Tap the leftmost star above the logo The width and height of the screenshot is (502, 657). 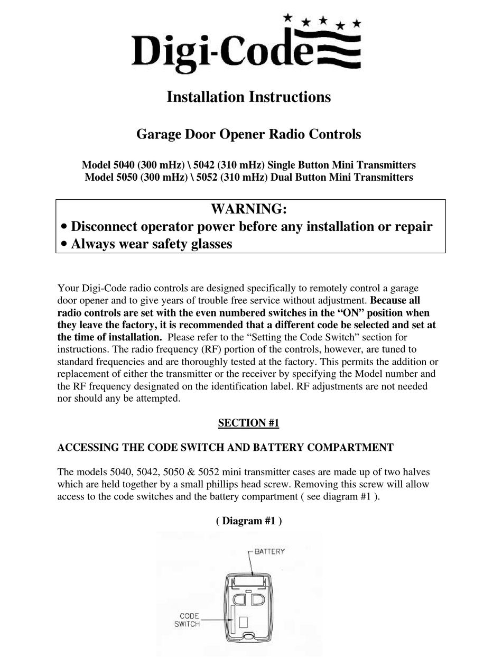tap(287, 17)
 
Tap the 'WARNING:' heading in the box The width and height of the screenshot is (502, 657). tap(249, 209)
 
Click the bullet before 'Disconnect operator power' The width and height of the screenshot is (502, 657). tap(64, 227)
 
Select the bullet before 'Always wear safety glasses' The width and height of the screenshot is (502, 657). tap(64, 245)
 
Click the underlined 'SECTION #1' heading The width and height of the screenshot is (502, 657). tap(248, 423)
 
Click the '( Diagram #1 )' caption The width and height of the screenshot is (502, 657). tap(248, 521)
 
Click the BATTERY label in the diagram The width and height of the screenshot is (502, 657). tap(269, 551)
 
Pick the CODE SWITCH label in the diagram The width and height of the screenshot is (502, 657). tap(188, 620)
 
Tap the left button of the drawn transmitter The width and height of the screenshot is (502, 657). tap(239, 599)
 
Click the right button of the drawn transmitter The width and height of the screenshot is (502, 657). tap(257, 599)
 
